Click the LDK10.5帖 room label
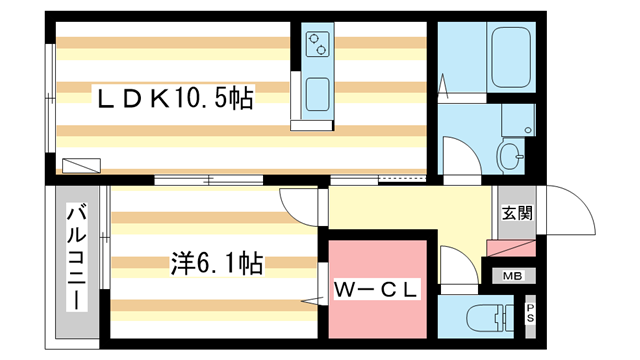tap(174, 98)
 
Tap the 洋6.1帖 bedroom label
tap(215, 264)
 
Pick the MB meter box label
tap(512, 276)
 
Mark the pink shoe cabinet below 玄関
tap(510, 249)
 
